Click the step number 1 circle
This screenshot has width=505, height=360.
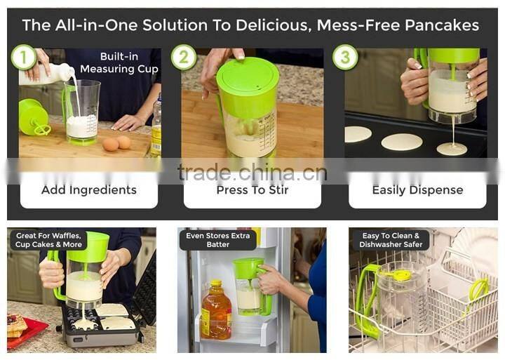pyautogui.click(x=24, y=57)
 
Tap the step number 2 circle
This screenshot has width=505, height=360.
pyautogui.click(x=184, y=57)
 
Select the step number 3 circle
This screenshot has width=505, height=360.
pyautogui.click(x=345, y=57)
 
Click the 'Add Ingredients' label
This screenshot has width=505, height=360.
pyautogui.click(x=89, y=190)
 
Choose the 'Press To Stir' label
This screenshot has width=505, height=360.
pyautogui.click(x=252, y=190)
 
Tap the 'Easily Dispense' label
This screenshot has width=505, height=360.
pyautogui.click(x=417, y=190)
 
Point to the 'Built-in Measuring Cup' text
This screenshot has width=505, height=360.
pyautogui.click(x=119, y=62)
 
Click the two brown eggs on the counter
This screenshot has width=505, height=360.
pyautogui.click(x=117, y=143)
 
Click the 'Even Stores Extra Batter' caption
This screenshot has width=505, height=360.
pyautogui.click(x=217, y=240)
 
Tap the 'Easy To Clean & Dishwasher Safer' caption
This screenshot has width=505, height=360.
pyautogui.click(x=390, y=240)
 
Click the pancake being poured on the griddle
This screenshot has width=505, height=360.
pyautogui.click(x=452, y=148)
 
